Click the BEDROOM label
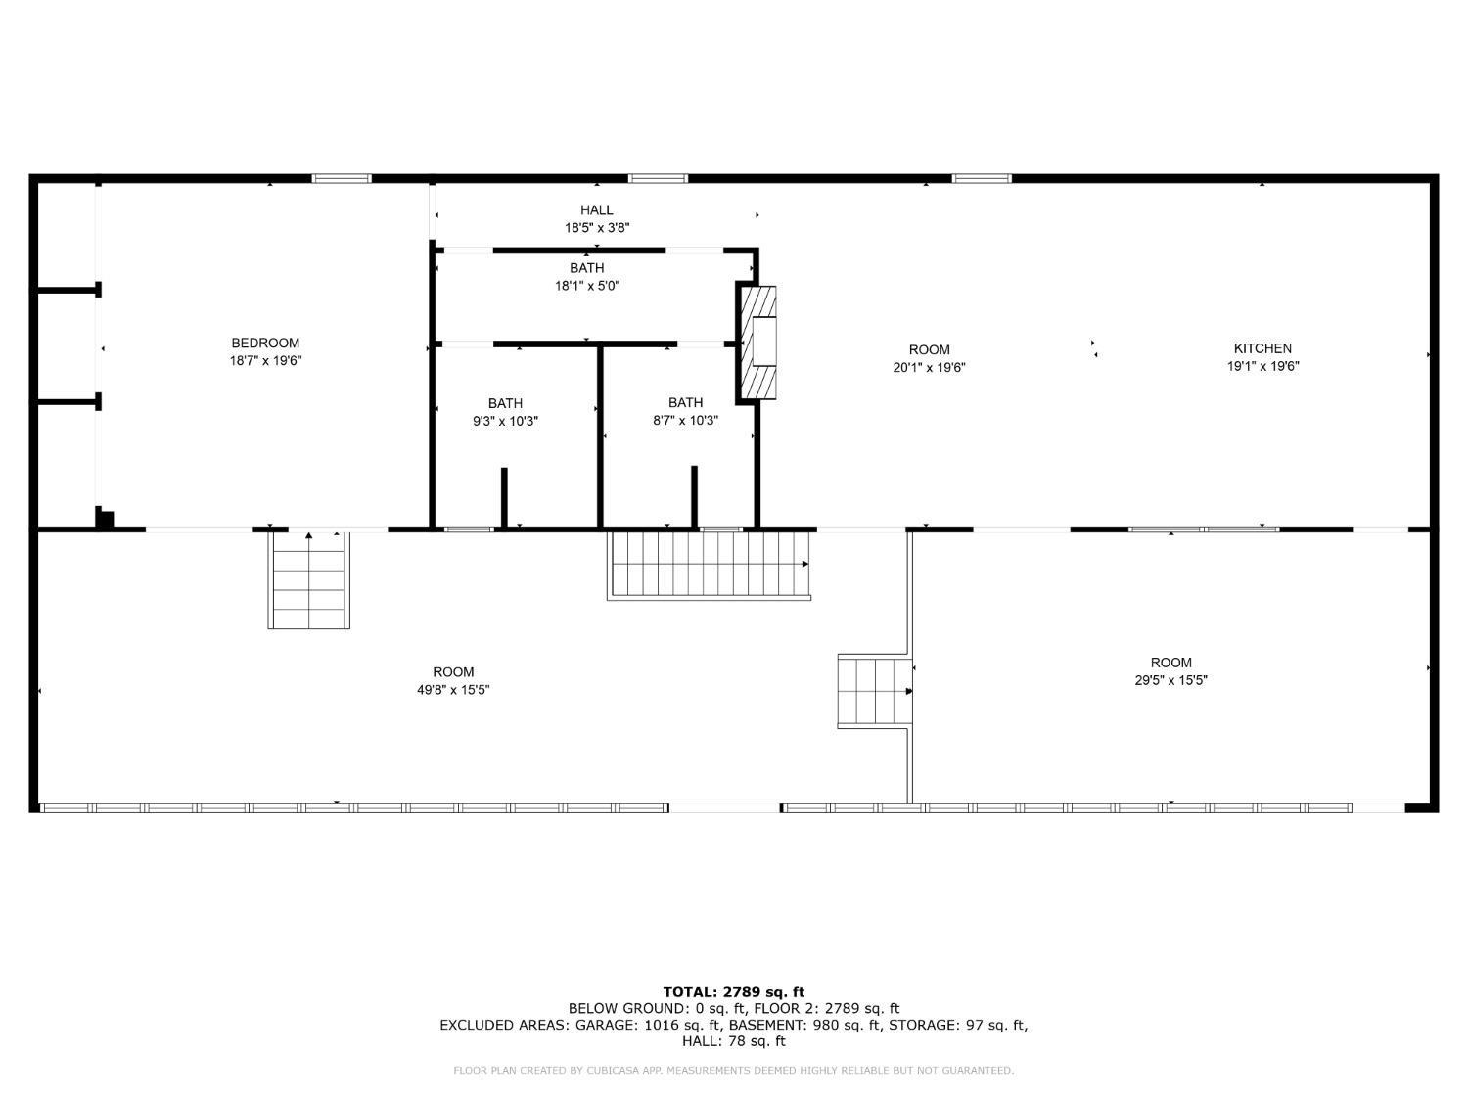265,343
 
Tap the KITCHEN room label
1262,348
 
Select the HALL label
596,209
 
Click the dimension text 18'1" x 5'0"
587,286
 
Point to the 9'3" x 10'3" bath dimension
505,421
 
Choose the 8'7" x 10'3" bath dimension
685,421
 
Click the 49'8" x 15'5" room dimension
453,690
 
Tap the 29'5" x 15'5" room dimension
1170,680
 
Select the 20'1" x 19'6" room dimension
929,368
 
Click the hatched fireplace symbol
757,343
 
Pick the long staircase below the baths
709,564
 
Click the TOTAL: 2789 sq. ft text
733,992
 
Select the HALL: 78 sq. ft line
733,1041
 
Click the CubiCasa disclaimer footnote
733,1071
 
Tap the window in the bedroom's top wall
342,178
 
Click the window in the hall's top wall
658,178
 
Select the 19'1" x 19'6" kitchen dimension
1262,367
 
